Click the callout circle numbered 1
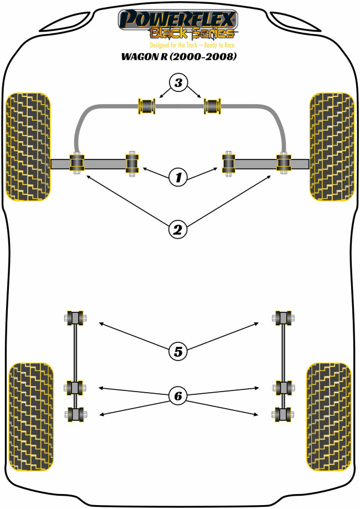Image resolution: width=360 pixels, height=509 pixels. pyautogui.click(x=178, y=177)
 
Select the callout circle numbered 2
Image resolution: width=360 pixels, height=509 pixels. pyautogui.click(x=178, y=228)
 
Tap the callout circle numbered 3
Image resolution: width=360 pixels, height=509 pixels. pyautogui.click(x=178, y=84)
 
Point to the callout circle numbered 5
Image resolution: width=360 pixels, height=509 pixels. pyautogui.click(x=178, y=351)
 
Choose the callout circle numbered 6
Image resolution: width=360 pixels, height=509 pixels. pyautogui.click(x=178, y=395)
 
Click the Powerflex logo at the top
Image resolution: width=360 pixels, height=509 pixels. pyautogui.click(x=179, y=22)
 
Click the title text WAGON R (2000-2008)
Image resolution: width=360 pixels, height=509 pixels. pyautogui.click(x=179, y=56)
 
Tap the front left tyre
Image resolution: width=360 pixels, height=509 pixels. pyautogui.click(x=27, y=147)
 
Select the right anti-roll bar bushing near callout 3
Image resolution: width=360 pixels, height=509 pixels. pyautogui.click(x=213, y=104)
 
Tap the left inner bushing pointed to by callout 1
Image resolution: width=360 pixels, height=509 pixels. pyautogui.click(x=132, y=163)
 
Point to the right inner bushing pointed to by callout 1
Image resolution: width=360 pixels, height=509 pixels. pyautogui.click(x=228, y=163)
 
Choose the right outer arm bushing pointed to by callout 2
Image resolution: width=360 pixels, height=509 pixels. pyautogui.click(x=284, y=163)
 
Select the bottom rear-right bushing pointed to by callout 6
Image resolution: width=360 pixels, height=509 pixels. pyautogui.click(x=282, y=413)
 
